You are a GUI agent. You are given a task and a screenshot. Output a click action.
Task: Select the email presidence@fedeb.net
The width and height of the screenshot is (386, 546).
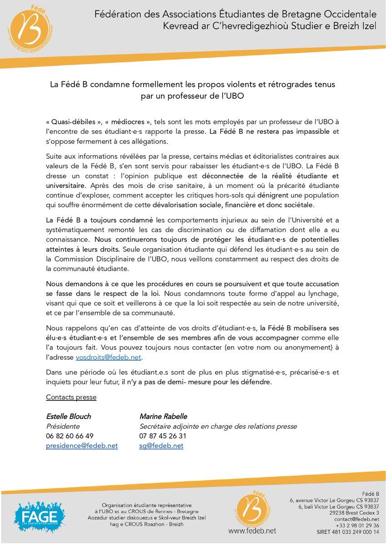[x=82, y=446]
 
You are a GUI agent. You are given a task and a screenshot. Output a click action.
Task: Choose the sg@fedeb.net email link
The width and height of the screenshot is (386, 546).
[x=161, y=446]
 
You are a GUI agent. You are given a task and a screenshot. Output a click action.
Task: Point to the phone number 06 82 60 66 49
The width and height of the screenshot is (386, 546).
[x=70, y=436]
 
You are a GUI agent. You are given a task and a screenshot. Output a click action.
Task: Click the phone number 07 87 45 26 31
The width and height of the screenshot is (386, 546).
[x=163, y=436]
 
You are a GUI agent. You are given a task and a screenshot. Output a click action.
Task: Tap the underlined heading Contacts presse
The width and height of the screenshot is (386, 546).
[x=71, y=397]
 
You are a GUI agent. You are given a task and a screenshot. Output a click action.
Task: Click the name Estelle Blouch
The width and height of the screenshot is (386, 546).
[x=68, y=416]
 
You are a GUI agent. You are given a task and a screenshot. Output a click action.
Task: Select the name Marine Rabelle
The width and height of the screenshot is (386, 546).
[x=163, y=416]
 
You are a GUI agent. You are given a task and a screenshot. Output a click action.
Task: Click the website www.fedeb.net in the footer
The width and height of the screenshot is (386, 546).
[x=252, y=531]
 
